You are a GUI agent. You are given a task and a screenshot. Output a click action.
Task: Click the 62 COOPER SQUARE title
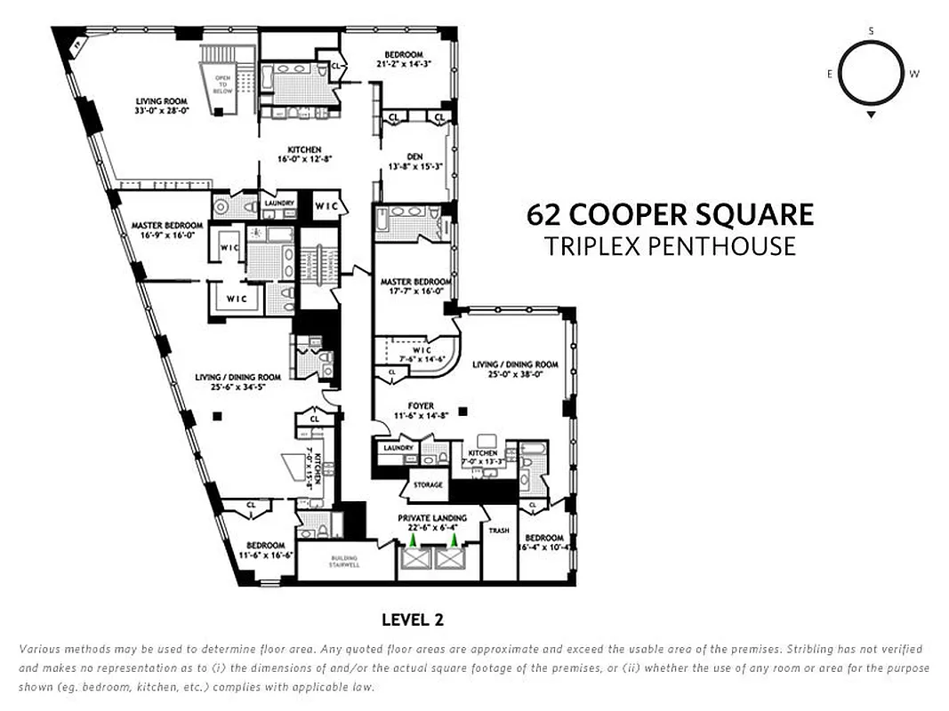coord(670,215)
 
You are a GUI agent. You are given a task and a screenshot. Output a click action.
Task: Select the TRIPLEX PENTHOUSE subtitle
coord(670,246)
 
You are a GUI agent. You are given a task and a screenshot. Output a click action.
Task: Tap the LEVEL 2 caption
coord(412,619)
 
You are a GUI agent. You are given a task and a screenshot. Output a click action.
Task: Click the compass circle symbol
coord(871,74)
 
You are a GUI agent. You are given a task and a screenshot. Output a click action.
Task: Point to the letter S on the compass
coord(871,31)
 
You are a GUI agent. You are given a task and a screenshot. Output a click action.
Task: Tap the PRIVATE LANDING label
coord(432,518)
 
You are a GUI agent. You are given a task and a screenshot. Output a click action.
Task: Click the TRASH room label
coord(499,531)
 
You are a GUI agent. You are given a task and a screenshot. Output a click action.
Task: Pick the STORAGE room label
coord(427,485)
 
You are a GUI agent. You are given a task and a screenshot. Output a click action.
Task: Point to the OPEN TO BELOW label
coord(222,84)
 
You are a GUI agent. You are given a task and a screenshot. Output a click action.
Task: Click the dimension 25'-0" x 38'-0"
coord(515,374)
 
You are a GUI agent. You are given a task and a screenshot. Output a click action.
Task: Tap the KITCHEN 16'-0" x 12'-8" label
coord(304,155)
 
